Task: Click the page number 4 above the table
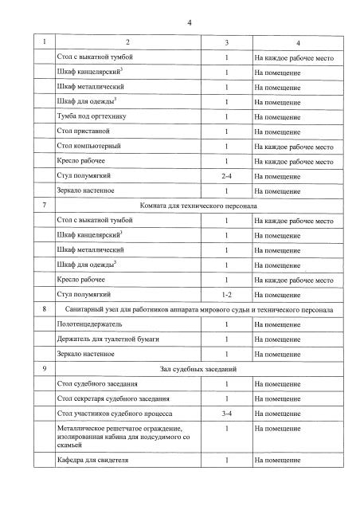pyautogui.click(x=189, y=22)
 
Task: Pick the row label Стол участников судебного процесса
pyautogui.click(x=115, y=414)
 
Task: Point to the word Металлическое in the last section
pyautogui.click(x=82, y=430)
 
